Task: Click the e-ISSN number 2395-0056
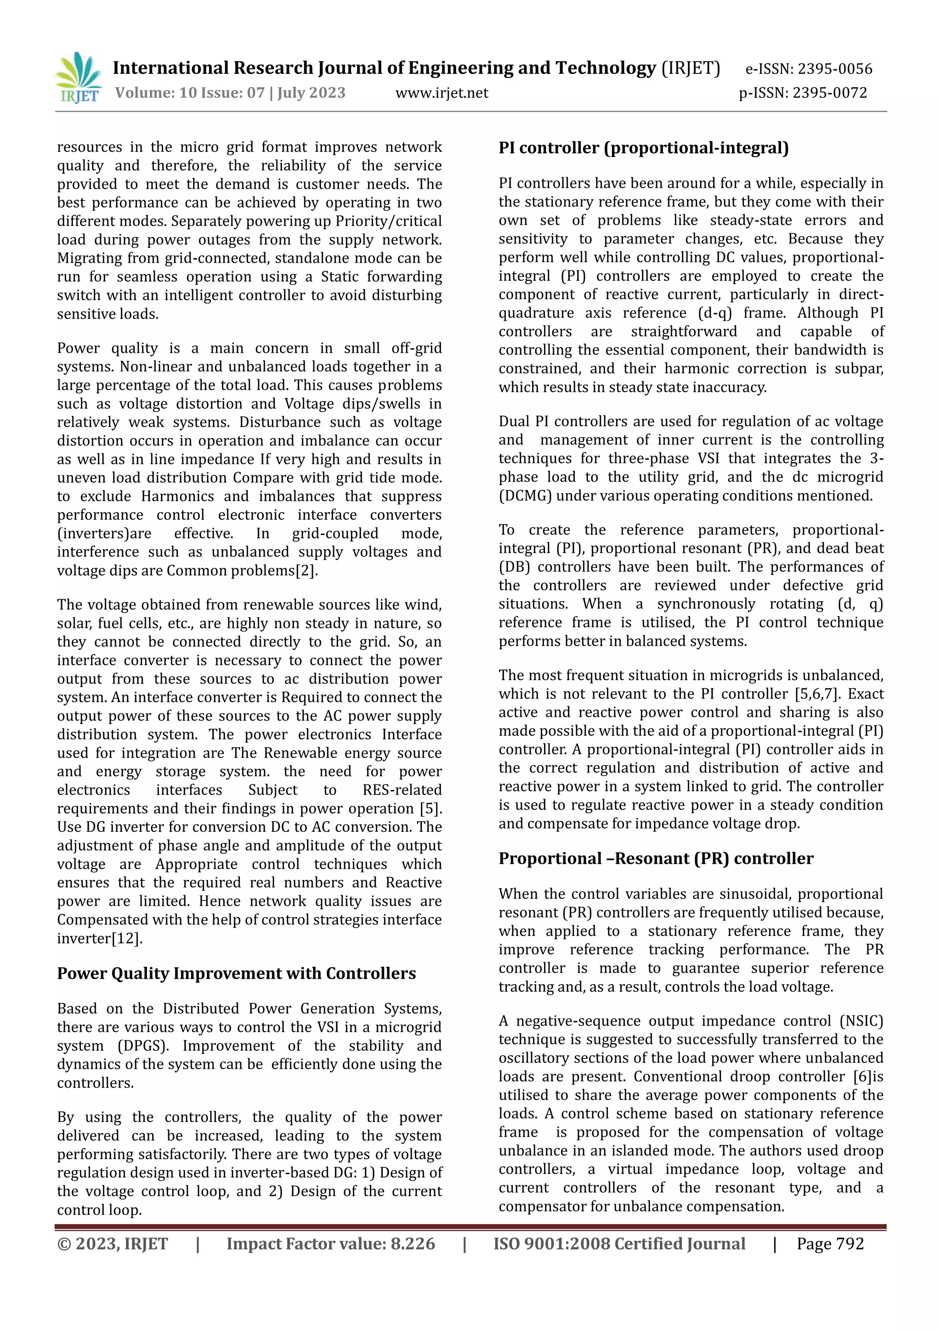coord(834,69)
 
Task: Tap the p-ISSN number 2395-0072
coord(830,93)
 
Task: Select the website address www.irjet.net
coord(442,93)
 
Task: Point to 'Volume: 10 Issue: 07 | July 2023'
coord(230,93)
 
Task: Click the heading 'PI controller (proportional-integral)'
coord(643,148)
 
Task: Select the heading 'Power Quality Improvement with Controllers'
coord(236,973)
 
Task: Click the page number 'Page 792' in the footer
coord(830,1244)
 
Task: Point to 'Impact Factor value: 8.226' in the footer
coord(330,1244)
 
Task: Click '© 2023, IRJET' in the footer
coord(113,1244)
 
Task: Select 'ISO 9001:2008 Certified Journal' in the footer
coord(619,1244)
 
